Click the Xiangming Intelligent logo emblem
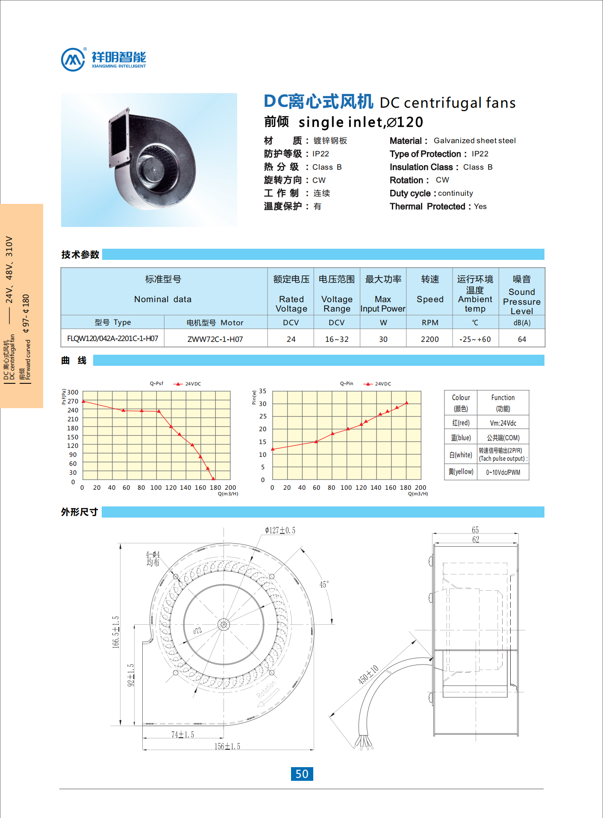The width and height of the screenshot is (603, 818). tap(73, 59)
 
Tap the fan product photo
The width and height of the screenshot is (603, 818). tap(149, 160)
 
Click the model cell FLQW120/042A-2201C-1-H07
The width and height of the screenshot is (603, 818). tap(112, 338)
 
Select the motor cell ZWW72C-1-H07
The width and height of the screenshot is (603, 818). tap(215, 339)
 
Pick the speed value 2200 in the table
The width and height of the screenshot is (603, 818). tap(429, 339)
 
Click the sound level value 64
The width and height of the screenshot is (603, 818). tap(522, 339)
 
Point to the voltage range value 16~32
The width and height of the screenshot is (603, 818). tap(337, 339)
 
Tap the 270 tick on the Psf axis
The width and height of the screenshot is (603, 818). tap(73, 401)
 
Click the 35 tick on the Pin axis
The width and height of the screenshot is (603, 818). tap(263, 391)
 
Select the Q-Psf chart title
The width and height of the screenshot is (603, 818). tap(156, 383)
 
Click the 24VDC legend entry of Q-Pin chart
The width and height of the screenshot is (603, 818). tap(378, 384)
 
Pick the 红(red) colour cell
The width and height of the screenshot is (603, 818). tap(461, 423)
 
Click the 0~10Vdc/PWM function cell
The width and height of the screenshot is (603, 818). tap(503, 472)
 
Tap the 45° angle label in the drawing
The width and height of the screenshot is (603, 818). tap(324, 584)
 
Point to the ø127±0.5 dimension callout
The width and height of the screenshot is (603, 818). tap(280, 530)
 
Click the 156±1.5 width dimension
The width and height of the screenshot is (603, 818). tap(227, 746)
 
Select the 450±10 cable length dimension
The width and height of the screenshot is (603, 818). tap(368, 674)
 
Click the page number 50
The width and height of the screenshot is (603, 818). tap(302, 774)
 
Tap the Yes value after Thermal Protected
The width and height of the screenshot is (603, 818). tap(480, 206)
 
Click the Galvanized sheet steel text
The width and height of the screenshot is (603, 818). tap(474, 141)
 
